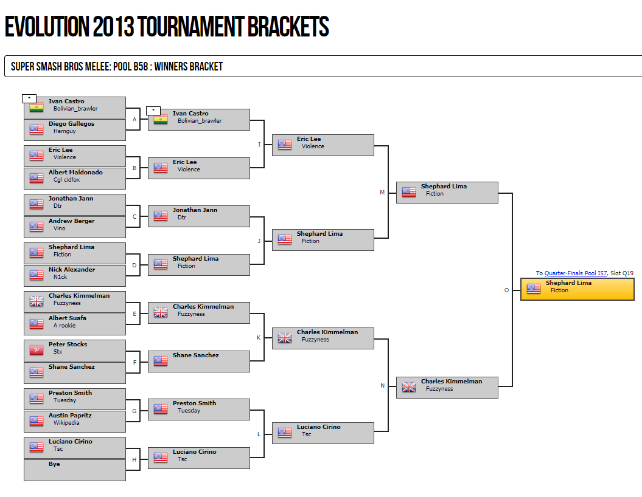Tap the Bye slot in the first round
click(x=75, y=470)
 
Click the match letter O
click(x=506, y=290)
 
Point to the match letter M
click(x=382, y=193)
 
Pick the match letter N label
click(x=382, y=386)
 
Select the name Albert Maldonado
click(x=75, y=173)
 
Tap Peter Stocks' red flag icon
click(x=37, y=349)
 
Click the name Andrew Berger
click(x=72, y=221)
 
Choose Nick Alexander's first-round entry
click(x=75, y=276)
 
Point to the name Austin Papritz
click(x=71, y=416)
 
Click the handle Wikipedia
click(x=66, y=423)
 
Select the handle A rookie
click(x=65, y=326)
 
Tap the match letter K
click(x=258, y=337)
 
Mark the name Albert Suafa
click(x=68, y=318)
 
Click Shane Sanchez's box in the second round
click(x=199, y=361)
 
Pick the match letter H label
click(x=134, y=459)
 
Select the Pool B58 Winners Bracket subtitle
click(x=117, y=67)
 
